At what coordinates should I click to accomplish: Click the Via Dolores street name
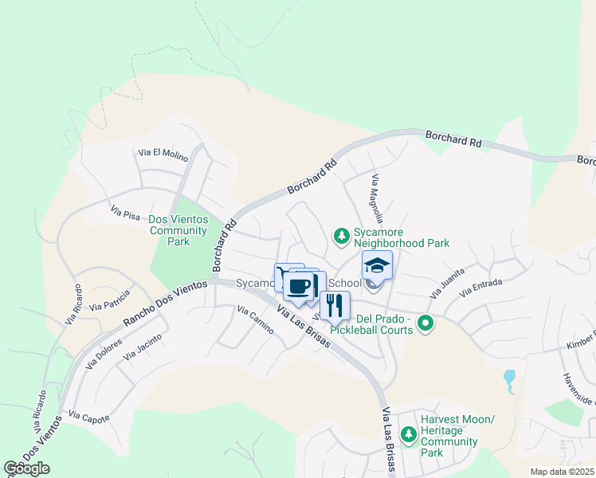click(104, 354)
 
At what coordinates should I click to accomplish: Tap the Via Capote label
click(88, 416)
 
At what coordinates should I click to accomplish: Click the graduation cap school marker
click(377, 265)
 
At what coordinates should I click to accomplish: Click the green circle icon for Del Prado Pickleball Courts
click(425, 323)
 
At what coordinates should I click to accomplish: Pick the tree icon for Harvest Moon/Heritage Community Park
click(408, 434)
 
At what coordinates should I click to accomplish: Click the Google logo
click(27, 468)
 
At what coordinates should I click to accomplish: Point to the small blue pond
click(509, 377)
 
